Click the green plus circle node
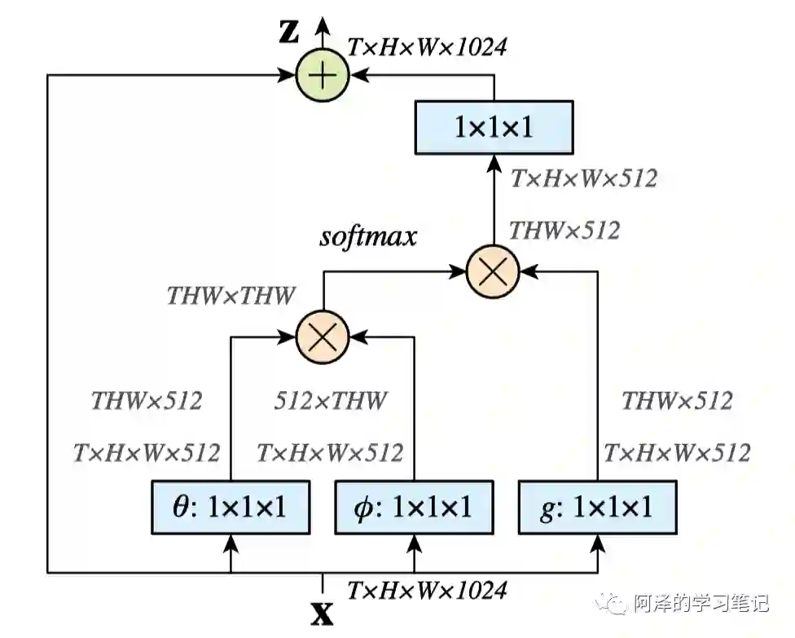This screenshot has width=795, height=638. [323, 75]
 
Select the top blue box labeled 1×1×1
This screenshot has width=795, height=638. [493, 127]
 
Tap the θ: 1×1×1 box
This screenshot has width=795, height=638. [231, 508]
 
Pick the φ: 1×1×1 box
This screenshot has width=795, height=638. [415, 508]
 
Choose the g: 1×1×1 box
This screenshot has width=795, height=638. [598, 508]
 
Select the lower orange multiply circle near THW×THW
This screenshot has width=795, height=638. [323, 335]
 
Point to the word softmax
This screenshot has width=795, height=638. [367, 237]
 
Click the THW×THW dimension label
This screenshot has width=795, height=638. [231, 295]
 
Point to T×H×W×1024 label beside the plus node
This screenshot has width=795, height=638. [427, 47]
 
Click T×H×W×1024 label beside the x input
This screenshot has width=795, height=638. [427, 590]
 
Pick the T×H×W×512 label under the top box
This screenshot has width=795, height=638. [583, 178]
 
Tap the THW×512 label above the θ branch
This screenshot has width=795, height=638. [147, 400]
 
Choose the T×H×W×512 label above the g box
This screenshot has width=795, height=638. [676, 452]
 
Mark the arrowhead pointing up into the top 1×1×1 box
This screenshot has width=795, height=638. [493, 163]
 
